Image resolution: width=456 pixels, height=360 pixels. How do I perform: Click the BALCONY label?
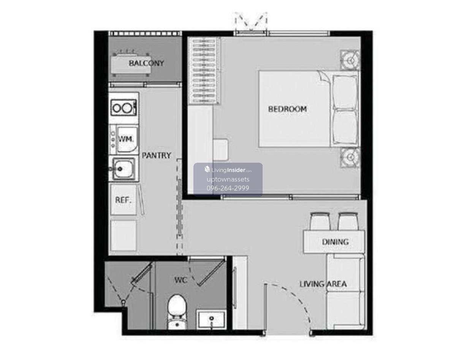146,63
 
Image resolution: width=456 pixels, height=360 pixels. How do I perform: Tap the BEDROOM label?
288,109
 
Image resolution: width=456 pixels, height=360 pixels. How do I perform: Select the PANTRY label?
157,155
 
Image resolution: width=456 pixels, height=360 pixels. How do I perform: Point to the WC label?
181,280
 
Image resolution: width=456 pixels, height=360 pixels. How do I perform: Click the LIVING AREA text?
323,284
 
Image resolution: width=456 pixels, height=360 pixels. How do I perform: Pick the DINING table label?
335,242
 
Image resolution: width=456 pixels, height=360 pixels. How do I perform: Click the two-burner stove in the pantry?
124,108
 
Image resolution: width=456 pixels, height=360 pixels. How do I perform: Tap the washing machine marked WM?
124,139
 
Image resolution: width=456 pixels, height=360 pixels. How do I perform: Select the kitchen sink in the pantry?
124,169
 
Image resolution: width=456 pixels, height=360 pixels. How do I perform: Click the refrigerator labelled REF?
123,200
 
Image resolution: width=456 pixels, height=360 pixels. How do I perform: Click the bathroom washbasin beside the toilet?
211,319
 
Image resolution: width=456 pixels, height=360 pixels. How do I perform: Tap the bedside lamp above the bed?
350,60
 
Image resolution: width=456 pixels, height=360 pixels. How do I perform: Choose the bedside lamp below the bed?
350,157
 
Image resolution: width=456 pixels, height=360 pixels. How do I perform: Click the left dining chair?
320,221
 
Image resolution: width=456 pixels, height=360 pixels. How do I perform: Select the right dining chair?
348,221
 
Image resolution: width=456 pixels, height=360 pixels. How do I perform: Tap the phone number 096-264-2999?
228,188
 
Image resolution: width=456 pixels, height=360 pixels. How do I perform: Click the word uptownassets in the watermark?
228,179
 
